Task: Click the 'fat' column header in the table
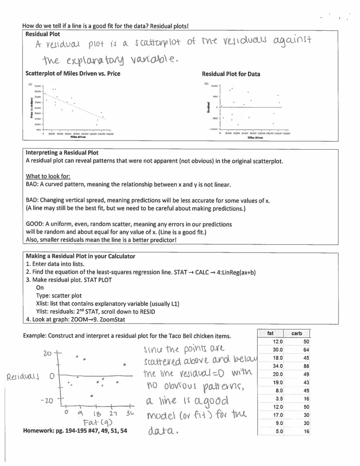click(x=270, y=333)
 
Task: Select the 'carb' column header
click(x=296, y=333)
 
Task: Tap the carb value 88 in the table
click(x=306, y=366)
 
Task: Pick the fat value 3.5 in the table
click(x=279, y=399)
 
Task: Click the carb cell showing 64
click(x=306, y=350)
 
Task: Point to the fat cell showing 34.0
click(x=278, y=366)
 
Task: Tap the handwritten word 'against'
click(x=292, y=40)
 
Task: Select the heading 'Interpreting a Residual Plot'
click(x=62, y=153)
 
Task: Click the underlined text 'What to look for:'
click(x=48, y=176)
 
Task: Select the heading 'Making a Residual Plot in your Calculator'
click(x=81, y=256)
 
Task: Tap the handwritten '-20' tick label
click(x=47, y=401)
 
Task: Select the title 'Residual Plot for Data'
click(x=231, y=74)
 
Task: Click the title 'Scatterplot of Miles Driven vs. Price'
click(x=73, y=74)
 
